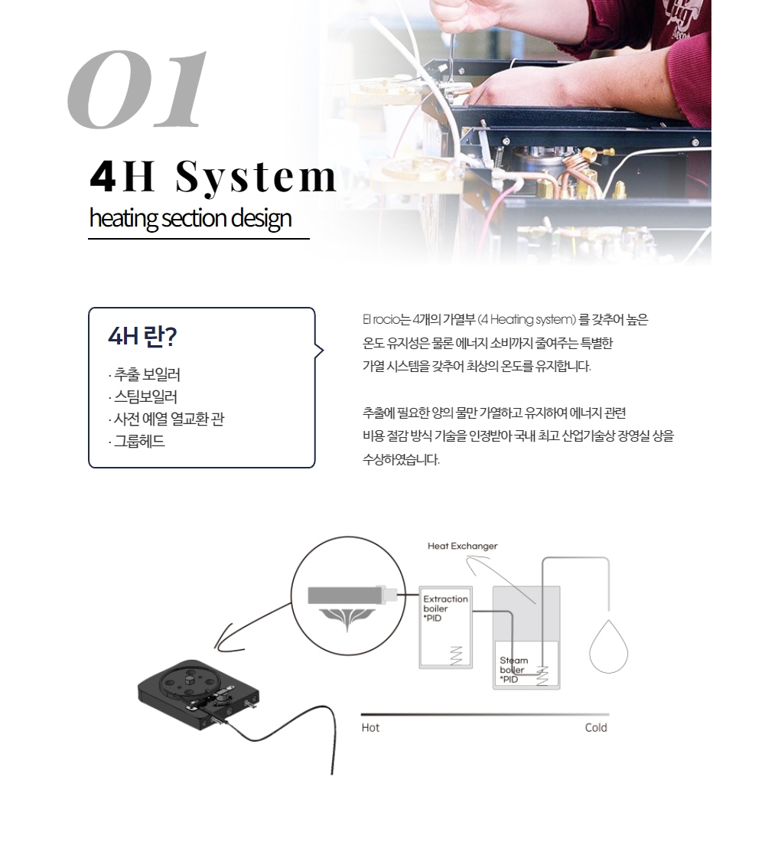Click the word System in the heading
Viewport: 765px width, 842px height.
(x=256, y=178)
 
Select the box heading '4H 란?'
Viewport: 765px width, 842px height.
(x=142, y=337)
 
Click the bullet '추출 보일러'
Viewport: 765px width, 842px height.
(x=145, y=374)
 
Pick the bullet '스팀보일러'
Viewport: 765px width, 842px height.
(x=143, y=397)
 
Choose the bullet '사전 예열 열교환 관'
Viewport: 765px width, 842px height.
(x=167, y=419)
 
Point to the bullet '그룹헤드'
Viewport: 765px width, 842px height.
(x=137, y=442)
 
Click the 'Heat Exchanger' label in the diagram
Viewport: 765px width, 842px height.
(x=462, y=546)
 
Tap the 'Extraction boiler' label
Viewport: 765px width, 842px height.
(x=445, y=604)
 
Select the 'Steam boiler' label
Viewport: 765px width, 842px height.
(x=514, y=664)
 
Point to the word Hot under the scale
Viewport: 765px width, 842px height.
(x=370, y=728)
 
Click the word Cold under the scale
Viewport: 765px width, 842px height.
(x=596, y=728)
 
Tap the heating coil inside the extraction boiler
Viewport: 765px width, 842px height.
(x=456, y=655)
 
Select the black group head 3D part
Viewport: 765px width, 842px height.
(x=199, y=695)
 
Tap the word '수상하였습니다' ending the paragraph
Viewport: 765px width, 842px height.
(x=401, y=460)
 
